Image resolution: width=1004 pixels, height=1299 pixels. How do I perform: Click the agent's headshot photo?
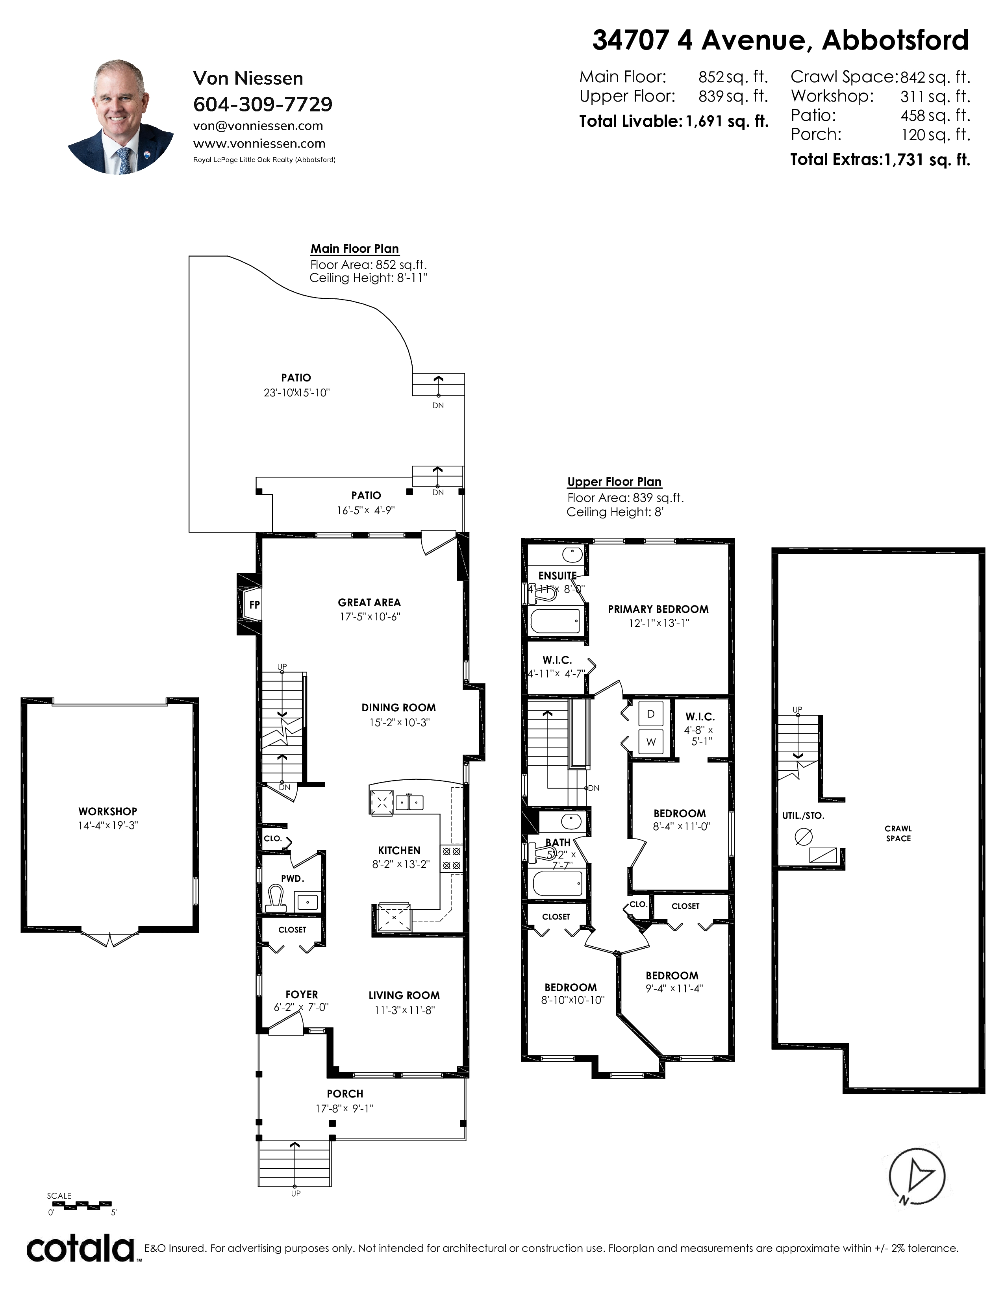tap(121, 117)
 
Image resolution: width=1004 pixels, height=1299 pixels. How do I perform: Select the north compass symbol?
tap(917, 1178)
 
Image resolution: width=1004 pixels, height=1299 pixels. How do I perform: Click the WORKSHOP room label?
tap(107, 811)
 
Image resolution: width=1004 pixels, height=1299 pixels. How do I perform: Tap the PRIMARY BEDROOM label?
tap(658, 609)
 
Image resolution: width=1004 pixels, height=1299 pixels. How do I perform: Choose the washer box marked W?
tap(651, 742)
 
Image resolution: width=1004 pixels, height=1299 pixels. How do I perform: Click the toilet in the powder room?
tap(275, 897)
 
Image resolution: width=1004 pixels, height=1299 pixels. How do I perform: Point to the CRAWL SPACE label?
tap(898, 833)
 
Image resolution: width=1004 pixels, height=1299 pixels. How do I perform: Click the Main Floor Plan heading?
tap(354, 249)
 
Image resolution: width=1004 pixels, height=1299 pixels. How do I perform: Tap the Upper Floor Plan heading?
tap(615, 482)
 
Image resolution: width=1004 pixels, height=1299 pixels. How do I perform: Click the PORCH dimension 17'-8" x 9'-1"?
tap(345, 1108)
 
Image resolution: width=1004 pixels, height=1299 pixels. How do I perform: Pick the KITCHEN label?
tap(399, 851)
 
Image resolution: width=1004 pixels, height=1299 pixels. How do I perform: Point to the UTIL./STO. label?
tap(803, 816)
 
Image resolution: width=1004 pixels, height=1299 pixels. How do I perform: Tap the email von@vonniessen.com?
tap(258, 126)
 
